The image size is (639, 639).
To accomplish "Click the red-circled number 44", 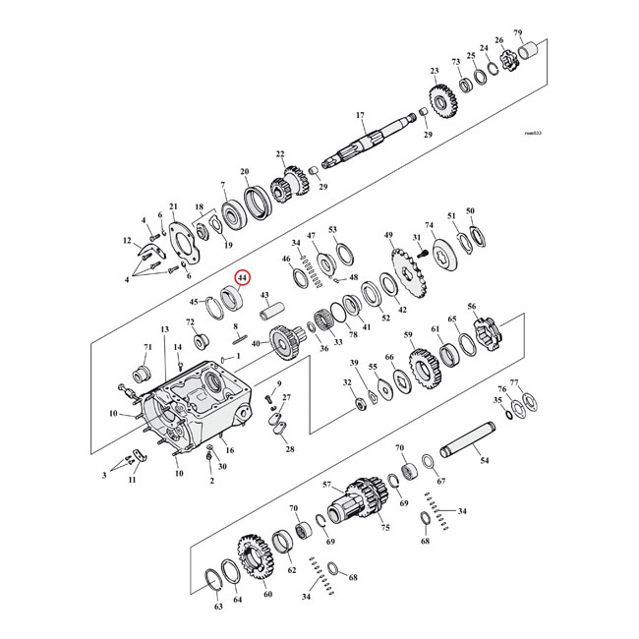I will [241, 279].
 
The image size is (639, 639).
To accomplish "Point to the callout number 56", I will [473, 307].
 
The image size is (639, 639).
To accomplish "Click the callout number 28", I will [289, 449].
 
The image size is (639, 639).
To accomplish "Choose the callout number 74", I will [429, 225].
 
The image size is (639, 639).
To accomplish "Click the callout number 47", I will [311, 237].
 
